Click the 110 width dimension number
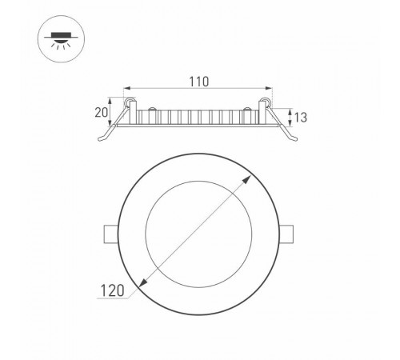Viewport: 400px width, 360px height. point(199,81)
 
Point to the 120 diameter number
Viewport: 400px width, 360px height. point(114,293)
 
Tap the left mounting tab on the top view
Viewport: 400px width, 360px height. point(109,234)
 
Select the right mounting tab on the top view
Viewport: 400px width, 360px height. point(292,234)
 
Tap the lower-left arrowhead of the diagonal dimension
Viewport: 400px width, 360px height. point(141,286)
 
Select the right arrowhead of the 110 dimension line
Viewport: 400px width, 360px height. point(268,90)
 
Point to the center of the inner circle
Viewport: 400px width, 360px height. point(200,234)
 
